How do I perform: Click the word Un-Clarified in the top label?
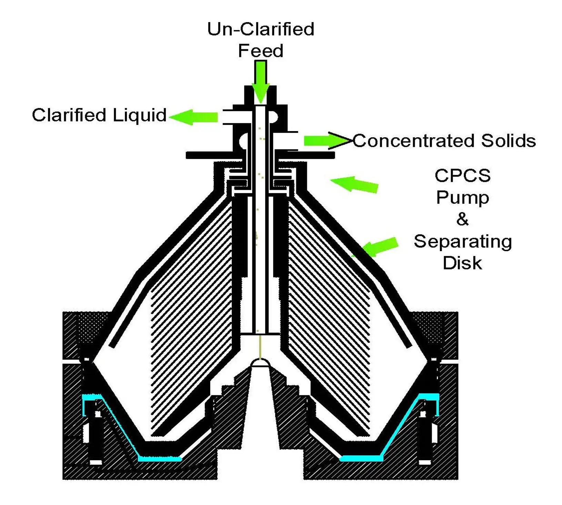click(261, 29)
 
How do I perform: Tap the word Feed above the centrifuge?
click(261, 51)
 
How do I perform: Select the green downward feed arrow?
click(261, 81)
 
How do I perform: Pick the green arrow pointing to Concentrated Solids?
click(324, 141)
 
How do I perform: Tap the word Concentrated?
click(414, 141)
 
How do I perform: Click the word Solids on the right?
click(509, 141)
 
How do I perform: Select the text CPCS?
click(462, 176)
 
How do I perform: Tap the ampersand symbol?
click(462, 219)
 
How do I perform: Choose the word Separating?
click(463, 241)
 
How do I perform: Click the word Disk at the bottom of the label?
click(462, 263)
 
